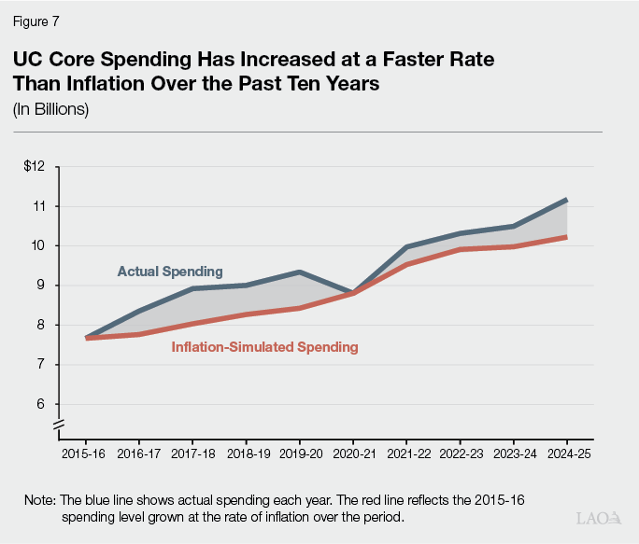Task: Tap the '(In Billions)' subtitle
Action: coord(50,108)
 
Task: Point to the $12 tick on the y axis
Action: coord(35,166)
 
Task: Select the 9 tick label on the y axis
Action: coord(40,286)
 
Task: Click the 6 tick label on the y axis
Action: coord(40,405)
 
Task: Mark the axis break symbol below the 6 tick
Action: coord(58,426)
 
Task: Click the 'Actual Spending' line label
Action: coord(170,272)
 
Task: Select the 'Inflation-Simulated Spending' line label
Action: coord(264,347)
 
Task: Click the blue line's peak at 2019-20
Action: coord(299,272)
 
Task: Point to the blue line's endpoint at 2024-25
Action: coord(566,200)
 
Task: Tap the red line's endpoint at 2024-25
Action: coord(566,237)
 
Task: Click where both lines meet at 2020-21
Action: coord(353,293)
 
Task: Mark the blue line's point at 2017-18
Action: coord(192,288)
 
